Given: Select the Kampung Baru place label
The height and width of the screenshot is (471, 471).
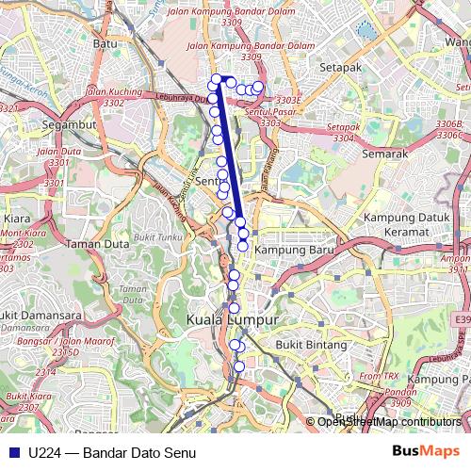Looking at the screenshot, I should tap(290, 250).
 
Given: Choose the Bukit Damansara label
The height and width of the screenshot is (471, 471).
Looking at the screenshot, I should tap(28, 314).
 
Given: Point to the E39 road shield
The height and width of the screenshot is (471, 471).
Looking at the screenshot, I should tap(461, 321).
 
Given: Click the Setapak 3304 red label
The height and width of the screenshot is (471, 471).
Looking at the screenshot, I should tap(344, 132).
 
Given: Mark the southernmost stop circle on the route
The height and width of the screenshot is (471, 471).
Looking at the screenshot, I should tap(238, 366).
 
